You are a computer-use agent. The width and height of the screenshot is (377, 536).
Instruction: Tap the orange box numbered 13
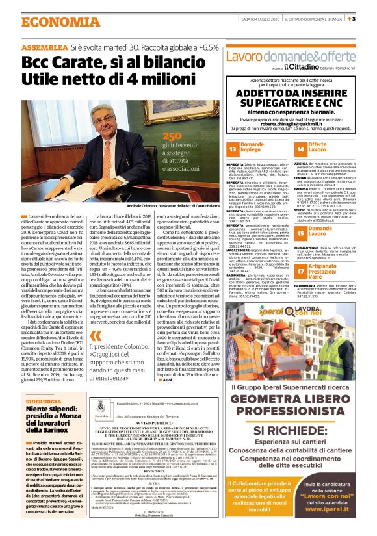(x=232, y=148)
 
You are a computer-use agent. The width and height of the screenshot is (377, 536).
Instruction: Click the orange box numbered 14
(x=300, y=148)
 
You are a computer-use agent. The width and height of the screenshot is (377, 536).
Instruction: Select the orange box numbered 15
(x=300, y=230)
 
